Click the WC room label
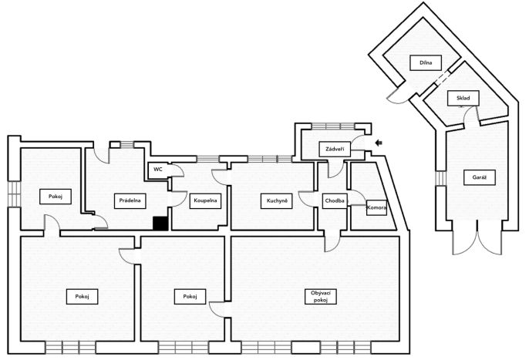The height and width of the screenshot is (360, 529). click(158, 170)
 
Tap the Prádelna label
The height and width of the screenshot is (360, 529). click(130, 200)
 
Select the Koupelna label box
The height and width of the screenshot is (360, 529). click(205, 200)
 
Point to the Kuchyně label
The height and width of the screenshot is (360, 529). click(277, 201)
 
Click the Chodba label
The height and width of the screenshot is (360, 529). click(335, 201)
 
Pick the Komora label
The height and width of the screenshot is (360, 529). click(376, 208)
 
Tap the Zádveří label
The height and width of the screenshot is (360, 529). click(335, 149)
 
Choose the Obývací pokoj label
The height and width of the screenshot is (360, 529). click(321, 297)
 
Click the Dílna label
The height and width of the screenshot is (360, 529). click(426, 62)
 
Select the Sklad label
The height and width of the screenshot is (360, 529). click(463, 98)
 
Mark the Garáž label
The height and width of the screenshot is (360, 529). click(480, 177)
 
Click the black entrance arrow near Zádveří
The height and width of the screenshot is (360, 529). click(379, 143)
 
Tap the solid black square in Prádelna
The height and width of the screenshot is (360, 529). click(160, 224)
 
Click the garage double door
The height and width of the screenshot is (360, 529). click(477, 237)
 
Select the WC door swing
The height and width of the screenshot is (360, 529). click(177, 170)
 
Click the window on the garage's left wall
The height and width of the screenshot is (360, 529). click(440, 179)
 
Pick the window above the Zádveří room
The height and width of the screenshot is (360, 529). click(332, 126)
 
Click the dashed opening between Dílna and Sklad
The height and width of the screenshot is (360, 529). click(442, 77)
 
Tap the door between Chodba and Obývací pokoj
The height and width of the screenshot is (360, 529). click(332, 241)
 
